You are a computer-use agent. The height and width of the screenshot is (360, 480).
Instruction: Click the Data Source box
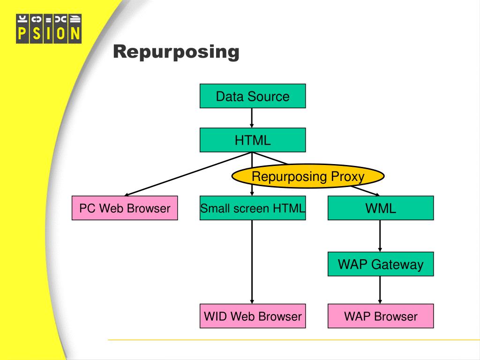[253, 96]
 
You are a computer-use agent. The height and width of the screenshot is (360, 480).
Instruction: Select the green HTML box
[253, 140]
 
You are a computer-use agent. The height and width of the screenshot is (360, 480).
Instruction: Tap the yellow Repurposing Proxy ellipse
[308, 176]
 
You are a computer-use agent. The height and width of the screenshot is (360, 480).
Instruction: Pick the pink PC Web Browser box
[125, 208]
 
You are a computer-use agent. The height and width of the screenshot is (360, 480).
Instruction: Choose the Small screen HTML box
[253, 208]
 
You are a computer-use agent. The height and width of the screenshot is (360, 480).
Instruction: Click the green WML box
[381, 208]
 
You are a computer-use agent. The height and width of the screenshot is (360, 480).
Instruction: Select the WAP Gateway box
[381, 264]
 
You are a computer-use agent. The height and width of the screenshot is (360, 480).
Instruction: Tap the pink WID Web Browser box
[253, 316]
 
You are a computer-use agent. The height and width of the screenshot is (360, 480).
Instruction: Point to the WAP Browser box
[381, 316]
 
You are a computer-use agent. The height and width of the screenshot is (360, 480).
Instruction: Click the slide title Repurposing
[176, 52]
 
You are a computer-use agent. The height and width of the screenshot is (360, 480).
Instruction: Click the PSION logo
[49, 29]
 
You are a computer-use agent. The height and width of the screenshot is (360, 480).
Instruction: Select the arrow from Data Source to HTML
[252, 118]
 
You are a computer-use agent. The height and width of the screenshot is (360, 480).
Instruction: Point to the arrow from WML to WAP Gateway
[380, 236]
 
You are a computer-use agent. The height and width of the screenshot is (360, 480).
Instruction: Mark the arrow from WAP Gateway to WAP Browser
[380, 290]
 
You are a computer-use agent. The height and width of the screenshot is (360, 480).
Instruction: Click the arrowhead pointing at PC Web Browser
[128, 194]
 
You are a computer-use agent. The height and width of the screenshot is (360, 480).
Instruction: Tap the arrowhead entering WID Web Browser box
[252, 301]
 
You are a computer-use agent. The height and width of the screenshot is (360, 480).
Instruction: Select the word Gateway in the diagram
[398, 264]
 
